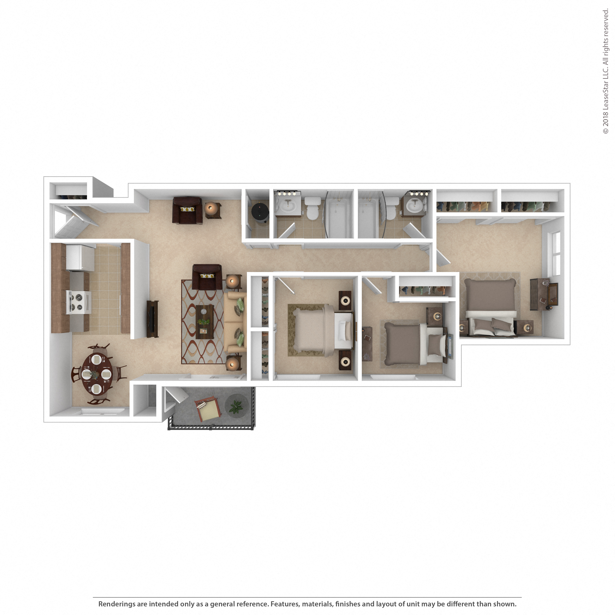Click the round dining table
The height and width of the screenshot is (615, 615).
click(x=97, y=373)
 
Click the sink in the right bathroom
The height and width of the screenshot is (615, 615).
click(x=415, y=206)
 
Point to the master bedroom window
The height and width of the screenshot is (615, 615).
click(x=556, y=254)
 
